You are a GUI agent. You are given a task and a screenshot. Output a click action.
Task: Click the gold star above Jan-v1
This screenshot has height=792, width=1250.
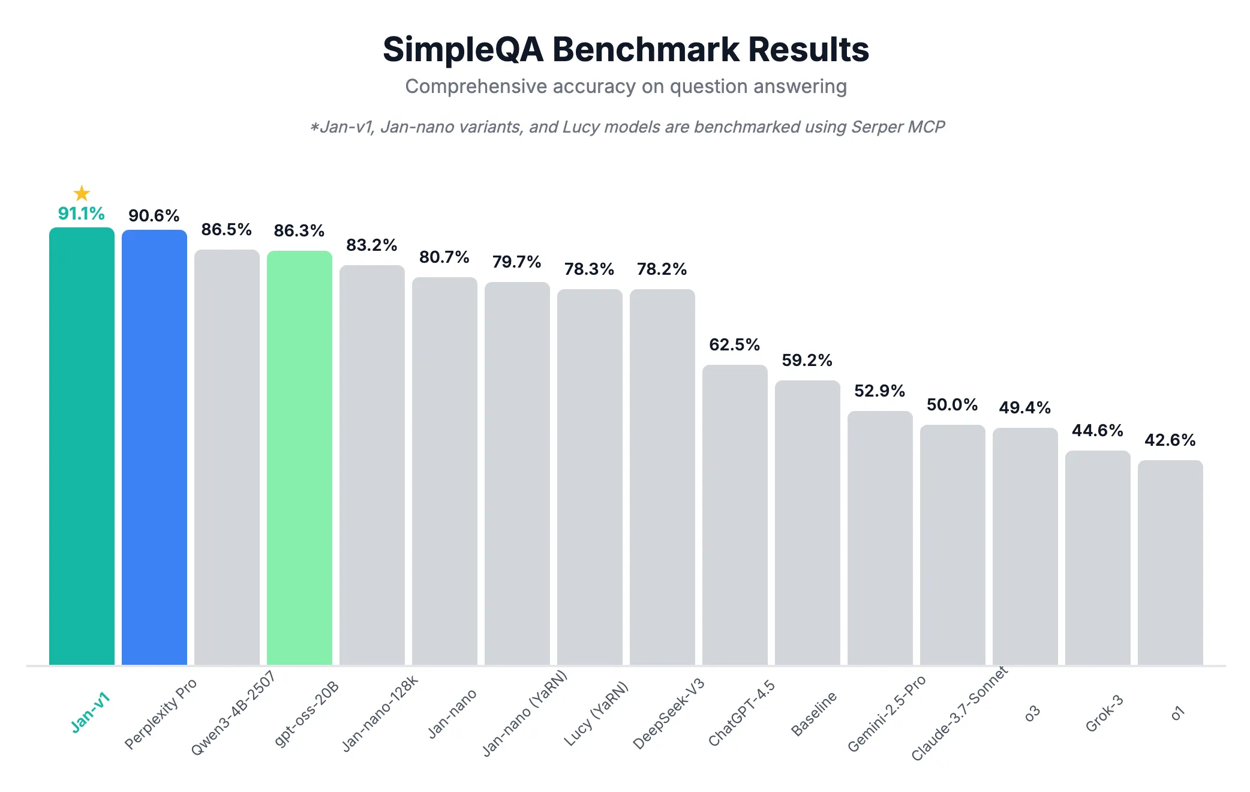point(82,193)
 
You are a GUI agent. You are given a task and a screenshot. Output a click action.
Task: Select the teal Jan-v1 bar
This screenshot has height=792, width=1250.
point(82,447)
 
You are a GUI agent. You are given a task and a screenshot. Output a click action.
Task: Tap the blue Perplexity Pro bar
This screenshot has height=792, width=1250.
point(154,447)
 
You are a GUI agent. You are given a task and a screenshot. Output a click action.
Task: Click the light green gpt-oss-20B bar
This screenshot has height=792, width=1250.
point(299,456)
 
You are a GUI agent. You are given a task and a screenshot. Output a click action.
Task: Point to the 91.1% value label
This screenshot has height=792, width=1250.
point(81,214)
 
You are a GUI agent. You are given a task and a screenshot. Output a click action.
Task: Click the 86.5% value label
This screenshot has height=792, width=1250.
point(226,230)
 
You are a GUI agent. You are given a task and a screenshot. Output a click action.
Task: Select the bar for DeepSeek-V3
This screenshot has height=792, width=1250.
point(662,477)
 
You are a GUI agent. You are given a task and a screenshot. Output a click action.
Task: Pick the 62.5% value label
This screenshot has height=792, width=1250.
point(734,345)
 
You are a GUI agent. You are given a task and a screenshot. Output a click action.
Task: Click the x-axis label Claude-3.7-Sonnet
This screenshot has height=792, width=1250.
point(959,714)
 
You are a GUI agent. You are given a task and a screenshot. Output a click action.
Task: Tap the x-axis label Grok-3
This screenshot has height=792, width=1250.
point(1104,713)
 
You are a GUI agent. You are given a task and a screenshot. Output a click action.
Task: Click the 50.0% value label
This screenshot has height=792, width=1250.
point(952,405)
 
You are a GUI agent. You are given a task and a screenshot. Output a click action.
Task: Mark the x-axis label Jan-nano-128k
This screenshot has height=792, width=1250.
point(380,714)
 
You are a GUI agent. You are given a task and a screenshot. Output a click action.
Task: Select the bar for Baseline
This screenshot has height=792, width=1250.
point(807,522)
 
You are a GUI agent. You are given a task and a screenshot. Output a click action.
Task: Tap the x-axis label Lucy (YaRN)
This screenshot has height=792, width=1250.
point(596,714)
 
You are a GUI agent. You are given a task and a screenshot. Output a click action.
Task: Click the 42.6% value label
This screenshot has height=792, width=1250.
point(1170,440)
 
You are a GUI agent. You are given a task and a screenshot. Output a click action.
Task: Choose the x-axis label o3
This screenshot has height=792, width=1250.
point(1032,713)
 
